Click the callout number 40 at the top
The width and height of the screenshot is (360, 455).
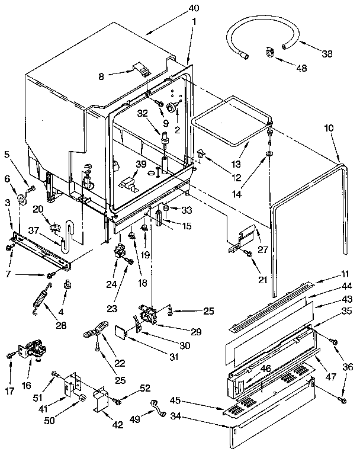(194, 8)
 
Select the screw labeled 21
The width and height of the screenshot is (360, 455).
(247, 253)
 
